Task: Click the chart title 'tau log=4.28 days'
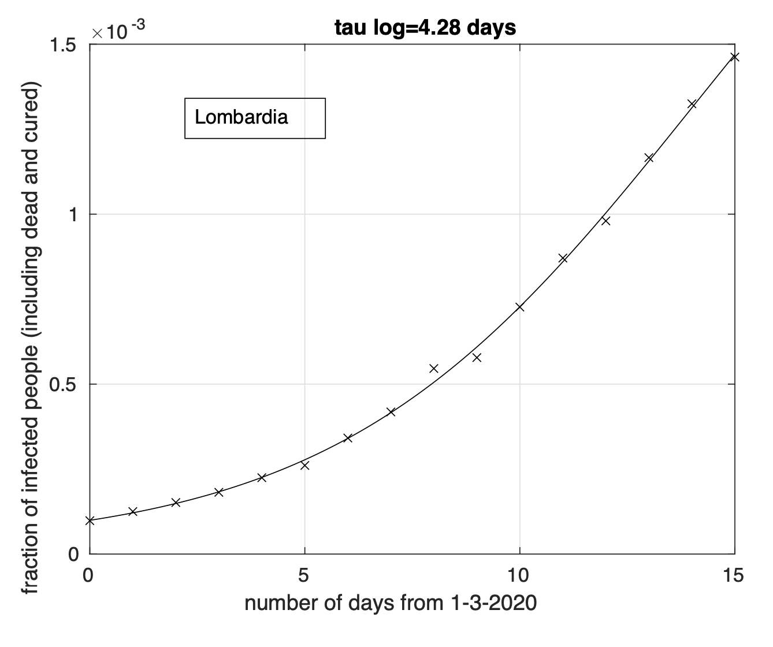coord(425,27)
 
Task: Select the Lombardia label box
coord(255,118)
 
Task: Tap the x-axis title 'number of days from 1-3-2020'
coord(391,604)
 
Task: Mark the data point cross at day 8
coord(434,368)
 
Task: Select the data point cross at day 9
coord(477,358)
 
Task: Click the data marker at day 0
coord(90,520)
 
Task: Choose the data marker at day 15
coord(735,57)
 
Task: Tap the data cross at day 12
coord(605,221)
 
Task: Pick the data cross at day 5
coord(304,465)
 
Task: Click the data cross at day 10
coord(520,307)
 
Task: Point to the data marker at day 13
coord(649,158)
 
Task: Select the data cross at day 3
coord(218,492)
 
